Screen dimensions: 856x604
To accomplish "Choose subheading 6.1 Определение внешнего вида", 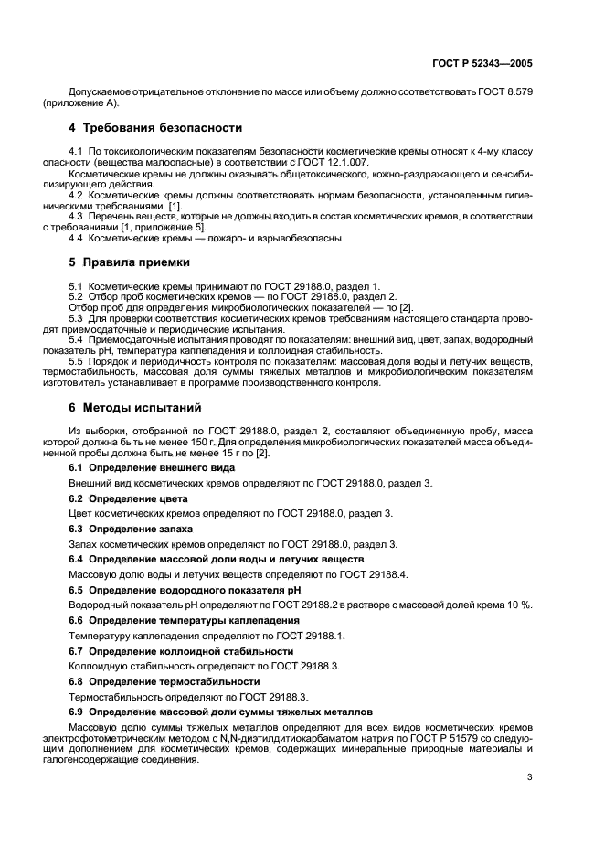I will coord(152,467).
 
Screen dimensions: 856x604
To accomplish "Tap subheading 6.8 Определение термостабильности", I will coord(164,681).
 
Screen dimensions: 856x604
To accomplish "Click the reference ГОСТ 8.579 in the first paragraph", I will coord(505,93).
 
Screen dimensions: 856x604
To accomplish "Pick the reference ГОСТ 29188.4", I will coord(367,574).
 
